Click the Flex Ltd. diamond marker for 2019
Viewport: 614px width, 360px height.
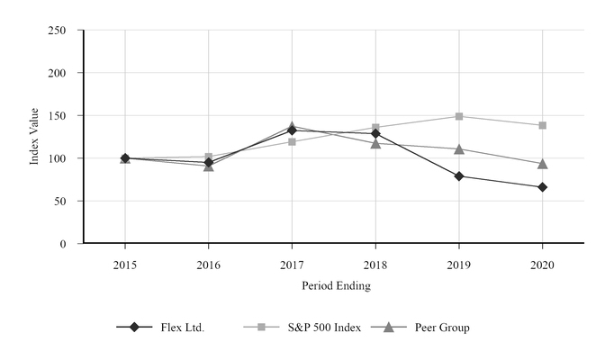pos(459,176)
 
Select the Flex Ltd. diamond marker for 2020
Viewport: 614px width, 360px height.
pos(542,187)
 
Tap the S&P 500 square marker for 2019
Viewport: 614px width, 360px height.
pos(459,116)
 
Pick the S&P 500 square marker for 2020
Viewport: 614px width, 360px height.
pos(542,125)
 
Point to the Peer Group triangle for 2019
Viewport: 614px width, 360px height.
pos(459,148)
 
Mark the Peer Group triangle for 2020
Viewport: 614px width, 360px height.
pos(542,163)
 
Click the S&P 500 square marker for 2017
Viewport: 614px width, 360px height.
pos(292,141)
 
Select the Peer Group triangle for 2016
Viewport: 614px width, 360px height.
pos(209,166)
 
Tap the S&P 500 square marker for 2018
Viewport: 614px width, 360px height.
pos(375,128)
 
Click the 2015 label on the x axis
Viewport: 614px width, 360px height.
pos(125,264)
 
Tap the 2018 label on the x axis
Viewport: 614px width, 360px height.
pos(375,264)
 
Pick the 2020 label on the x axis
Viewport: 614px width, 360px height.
pos(542,264)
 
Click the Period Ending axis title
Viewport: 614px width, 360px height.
pos(335,286)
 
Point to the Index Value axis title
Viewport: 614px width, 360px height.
pos(35,138)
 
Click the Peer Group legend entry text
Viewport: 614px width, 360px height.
pos(441,328)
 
